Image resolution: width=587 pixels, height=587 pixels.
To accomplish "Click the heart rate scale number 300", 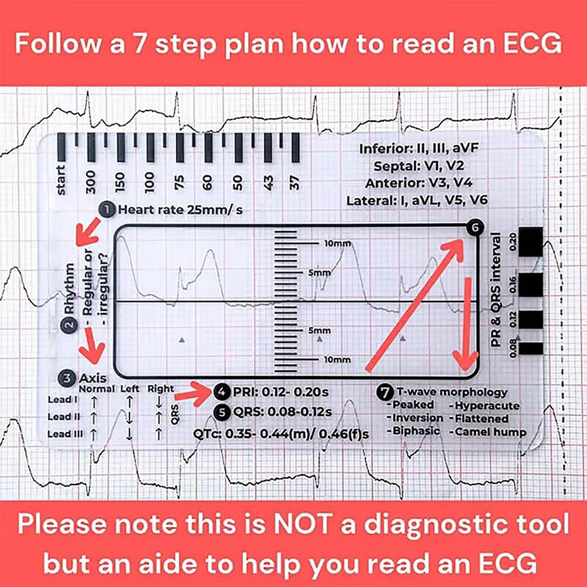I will [x=91, y=182].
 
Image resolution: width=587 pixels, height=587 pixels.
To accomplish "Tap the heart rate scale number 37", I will [x=296, y=182].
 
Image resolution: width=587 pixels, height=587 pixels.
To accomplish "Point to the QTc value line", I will [x=282, y=434].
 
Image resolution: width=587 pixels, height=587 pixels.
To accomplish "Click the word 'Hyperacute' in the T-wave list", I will [x=480, y=405].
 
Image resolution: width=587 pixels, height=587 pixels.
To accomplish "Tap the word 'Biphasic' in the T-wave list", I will [x=414, y=432].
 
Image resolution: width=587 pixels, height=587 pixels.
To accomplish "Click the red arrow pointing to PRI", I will [x=193, y=392].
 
